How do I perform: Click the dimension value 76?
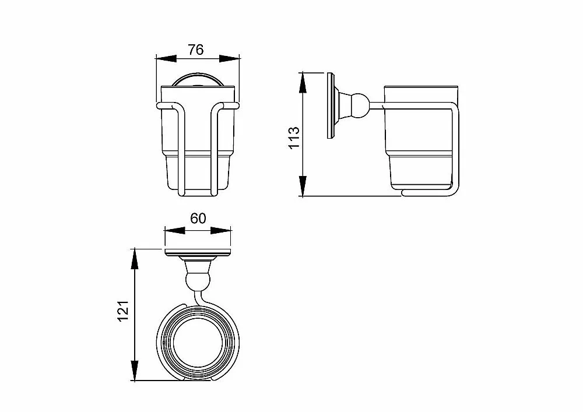[195, 50]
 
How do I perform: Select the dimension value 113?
[294, 138]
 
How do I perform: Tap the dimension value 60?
[198, 219]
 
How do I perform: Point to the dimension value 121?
[123, 311]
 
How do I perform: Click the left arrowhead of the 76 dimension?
[166, 58]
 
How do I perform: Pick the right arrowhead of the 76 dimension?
[229, 58]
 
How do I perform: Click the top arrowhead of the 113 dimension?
[303, 83]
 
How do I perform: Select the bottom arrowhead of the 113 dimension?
[303, 186]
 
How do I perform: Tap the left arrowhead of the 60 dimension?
[175, 231]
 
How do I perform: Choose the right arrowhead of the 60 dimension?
[221, 231]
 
